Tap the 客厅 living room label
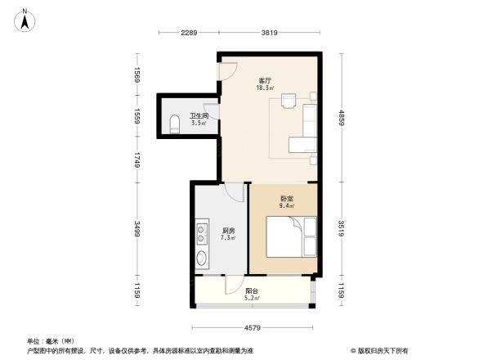point(264,80)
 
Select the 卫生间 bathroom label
point(199,116)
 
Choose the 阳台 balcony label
point(253,290)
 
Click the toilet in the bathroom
point(173,124)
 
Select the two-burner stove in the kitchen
point(202,235)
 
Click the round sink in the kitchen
point(202,261)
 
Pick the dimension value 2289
point(190,33)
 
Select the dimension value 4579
point(253,328)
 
